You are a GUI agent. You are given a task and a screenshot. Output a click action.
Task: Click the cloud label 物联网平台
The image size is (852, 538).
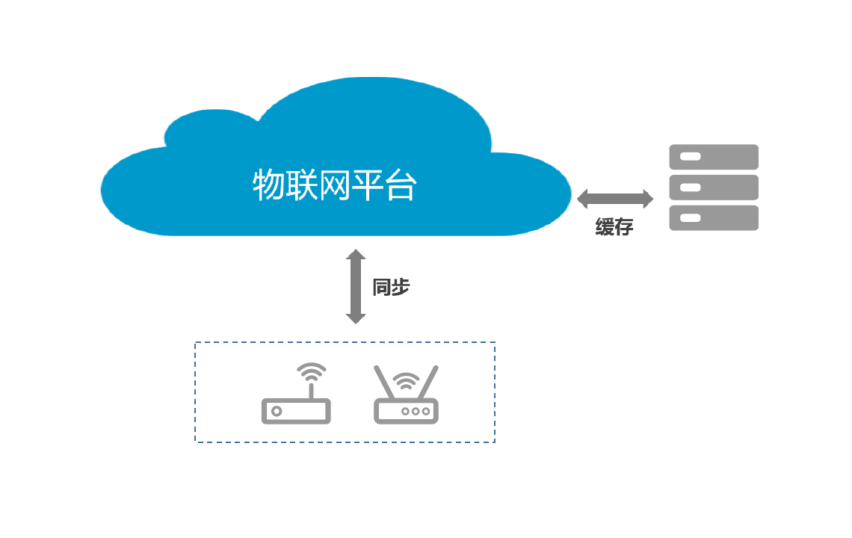click(334, 185)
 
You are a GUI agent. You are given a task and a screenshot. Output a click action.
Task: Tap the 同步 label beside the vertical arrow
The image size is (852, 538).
click(391, 287)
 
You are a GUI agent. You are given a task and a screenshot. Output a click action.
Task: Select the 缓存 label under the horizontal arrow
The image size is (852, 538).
click(614, 226)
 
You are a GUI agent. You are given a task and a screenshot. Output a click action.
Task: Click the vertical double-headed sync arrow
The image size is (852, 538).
click(356, 286)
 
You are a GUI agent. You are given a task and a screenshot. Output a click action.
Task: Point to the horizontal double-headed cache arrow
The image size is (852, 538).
click(614, 199)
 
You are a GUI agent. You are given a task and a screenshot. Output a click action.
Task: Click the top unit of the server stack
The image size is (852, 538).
click(714, 157)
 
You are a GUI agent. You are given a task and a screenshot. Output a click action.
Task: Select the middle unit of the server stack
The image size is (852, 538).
click(714, 188)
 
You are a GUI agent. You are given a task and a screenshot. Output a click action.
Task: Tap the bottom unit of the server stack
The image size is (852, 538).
click(714, 218)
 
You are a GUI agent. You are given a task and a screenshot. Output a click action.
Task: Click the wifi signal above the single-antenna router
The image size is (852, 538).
click(312, 371)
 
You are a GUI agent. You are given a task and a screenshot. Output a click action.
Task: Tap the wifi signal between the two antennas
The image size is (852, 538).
click(406, 381)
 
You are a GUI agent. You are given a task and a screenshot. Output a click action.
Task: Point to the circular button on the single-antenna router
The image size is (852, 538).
click(277, 412)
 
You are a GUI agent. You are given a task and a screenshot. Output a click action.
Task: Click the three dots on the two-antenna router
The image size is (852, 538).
click(416, 412)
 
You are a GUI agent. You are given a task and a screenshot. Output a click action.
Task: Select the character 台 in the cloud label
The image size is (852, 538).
click(401, 185)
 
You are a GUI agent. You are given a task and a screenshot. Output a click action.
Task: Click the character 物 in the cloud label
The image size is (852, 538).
click(268, 185)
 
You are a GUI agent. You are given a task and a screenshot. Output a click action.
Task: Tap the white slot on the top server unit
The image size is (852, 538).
click(690, 157)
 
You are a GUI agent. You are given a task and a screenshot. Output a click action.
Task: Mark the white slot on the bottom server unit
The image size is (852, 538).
click(690, 218)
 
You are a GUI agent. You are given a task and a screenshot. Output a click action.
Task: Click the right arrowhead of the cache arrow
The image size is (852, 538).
click(648, 199)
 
